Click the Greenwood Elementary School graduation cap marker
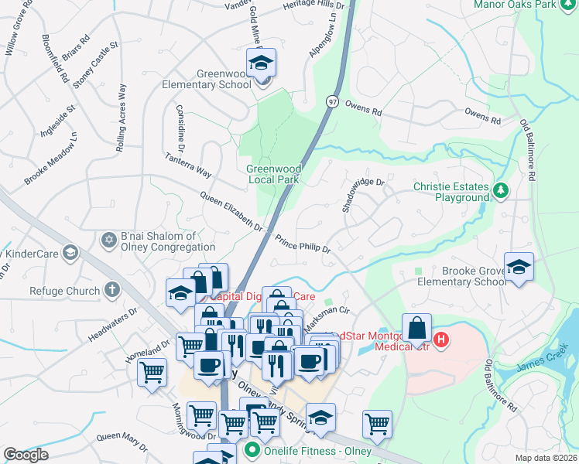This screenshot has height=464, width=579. [262, 63]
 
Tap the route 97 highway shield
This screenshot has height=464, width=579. [332, 101]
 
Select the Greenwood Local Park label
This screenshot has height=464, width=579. [272, 174]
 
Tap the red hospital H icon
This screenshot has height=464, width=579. [441, 339]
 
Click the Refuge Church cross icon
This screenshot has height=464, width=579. [111, 291]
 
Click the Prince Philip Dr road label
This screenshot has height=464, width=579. [303, 244]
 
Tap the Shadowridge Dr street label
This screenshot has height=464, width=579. [363, 194]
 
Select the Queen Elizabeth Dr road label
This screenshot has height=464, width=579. [231, 211]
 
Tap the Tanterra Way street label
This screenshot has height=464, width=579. [187, 164]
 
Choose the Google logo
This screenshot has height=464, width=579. [26, 455]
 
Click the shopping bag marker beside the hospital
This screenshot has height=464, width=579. [416, 328]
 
